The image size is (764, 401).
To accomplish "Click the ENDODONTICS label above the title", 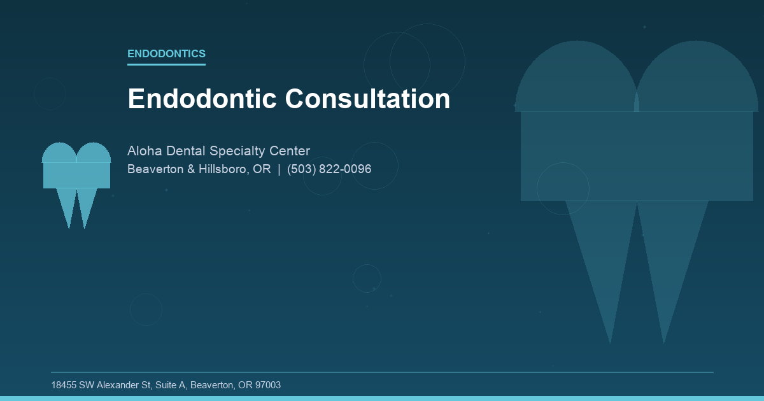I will [166, 54].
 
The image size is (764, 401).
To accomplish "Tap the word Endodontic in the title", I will [202, 99].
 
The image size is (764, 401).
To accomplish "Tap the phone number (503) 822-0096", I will [329, 169].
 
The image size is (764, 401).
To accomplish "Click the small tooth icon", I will [76, 175].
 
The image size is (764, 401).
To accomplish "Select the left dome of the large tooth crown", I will [576, 80].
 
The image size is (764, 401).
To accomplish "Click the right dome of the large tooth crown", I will [697, 80].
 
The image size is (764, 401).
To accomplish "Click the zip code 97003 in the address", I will [267, 385].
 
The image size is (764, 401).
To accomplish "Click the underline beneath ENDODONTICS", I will [166, 64].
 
